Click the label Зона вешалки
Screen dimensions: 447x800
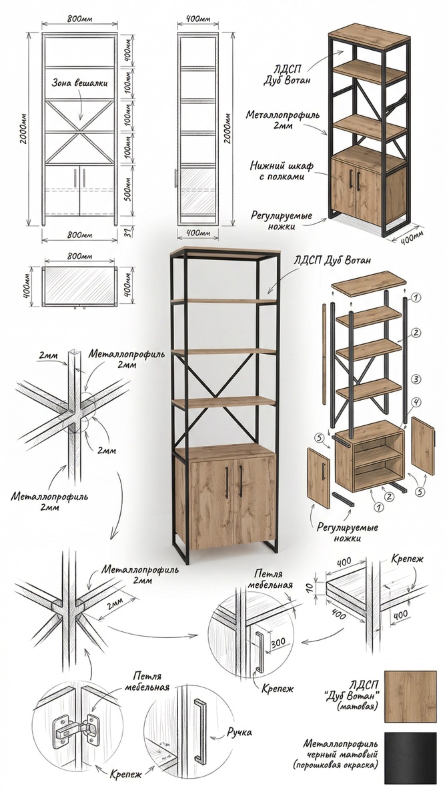point(79,85)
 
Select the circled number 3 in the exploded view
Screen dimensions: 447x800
point(415,379)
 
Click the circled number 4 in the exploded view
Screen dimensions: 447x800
point(415,402)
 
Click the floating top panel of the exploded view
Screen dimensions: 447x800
point(368,283)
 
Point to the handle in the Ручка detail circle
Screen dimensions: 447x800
point(198,729)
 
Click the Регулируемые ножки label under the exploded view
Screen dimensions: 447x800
point(348,532)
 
